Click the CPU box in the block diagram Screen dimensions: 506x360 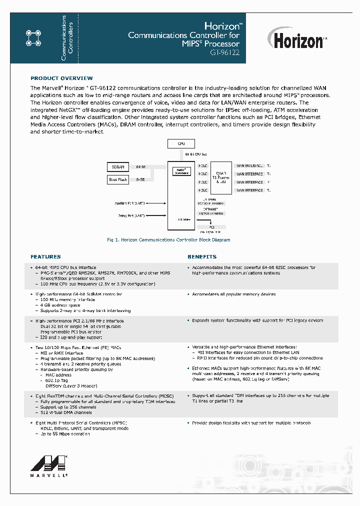181,143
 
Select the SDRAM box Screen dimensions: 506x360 118,166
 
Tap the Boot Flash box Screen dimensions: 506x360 118,179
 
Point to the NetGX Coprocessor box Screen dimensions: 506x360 181,171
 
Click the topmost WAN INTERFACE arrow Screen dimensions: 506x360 249,165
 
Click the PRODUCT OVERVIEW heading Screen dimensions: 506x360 61,78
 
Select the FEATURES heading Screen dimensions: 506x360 45,256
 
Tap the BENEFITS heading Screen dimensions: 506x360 202,256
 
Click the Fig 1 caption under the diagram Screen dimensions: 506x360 168,240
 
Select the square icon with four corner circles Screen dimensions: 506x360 33,38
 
